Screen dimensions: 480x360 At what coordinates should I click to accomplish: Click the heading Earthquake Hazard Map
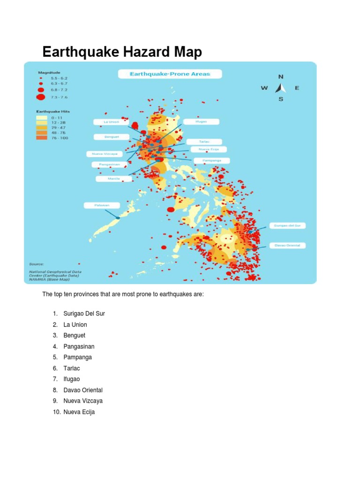click(x=122, y=52)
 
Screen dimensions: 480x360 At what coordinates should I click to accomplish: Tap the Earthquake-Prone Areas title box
click(x=170, y=74)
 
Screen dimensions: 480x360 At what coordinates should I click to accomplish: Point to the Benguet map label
click(x=111, y=137)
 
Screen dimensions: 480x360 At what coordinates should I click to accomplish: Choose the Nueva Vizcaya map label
click(x=104, y=153)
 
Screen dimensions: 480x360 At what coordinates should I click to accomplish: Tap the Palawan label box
click(x=102, y=205)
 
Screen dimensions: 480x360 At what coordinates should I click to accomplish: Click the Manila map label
click(x=113, y=179)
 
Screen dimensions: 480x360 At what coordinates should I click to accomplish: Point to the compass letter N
click(x=281, y=76)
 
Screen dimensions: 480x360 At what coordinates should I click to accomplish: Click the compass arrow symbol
click(x=281, y=88)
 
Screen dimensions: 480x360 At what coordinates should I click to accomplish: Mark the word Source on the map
click(x=36, y=264)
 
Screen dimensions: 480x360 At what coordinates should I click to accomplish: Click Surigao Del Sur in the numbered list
click(x=84, y=314)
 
